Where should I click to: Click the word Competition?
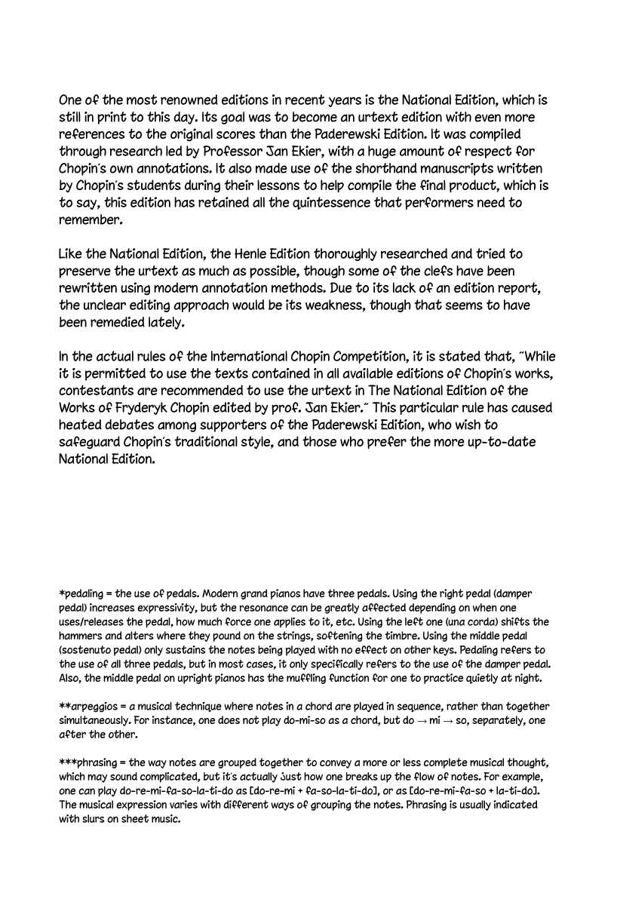[355, 357]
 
